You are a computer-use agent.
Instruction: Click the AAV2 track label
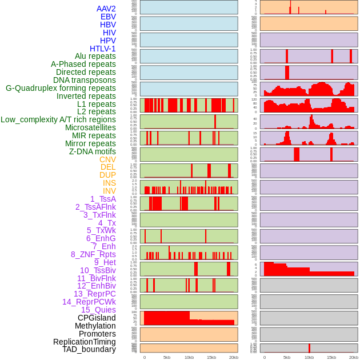(106, 9)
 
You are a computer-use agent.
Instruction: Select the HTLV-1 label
(103, 49)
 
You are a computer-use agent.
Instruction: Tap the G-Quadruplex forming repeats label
(61, 88)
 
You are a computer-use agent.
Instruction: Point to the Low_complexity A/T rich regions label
(58, 119)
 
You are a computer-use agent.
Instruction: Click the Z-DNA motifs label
(93, 151)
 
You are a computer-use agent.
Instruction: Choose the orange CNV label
(107, 159)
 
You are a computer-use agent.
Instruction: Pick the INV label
(109, 191)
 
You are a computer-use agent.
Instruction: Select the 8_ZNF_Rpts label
(93, 254)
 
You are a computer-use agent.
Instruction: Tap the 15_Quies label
(98, 310)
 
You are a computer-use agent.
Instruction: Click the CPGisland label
(97, 318)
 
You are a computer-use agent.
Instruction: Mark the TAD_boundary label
(89, 349)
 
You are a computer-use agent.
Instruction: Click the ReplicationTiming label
(84, 342)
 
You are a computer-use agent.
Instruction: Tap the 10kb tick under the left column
(189, 357)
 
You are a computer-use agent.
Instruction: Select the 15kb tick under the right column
(331, 357)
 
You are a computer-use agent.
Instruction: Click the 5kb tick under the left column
(167, 357)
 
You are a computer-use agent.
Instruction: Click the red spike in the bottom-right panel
(309, 347)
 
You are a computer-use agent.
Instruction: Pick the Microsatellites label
(90, 127)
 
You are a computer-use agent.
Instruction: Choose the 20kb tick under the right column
(354, 357)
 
